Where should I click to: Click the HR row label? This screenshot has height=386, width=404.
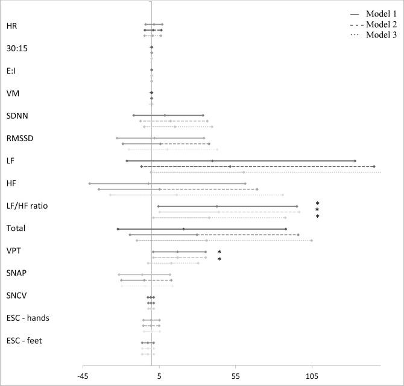pos(11,26)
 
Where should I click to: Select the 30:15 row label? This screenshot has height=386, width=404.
pos(16,48)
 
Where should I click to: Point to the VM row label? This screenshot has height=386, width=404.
pos(13,93)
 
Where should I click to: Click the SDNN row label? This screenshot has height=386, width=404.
pos(17,116)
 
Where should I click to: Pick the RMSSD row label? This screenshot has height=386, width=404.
pos(19,138)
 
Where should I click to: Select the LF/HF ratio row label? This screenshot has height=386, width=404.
pos(30,206)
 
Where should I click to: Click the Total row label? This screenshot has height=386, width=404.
pos(16,228)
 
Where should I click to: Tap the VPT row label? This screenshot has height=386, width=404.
pos(14,250)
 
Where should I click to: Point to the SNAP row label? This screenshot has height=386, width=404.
pos(17,273)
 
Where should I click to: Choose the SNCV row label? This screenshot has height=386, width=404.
pos(17,296)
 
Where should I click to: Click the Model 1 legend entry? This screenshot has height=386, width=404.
pos(380,13)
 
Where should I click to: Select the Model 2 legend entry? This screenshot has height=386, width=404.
pos(380,24)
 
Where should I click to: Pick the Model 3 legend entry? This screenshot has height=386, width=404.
pos(380,35)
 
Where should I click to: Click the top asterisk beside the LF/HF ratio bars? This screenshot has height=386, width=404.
pos(317,204)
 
